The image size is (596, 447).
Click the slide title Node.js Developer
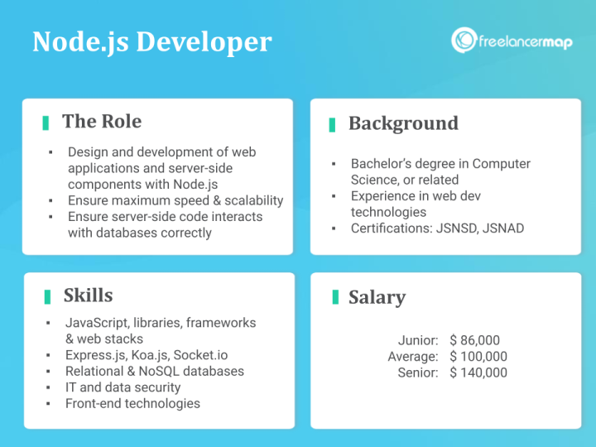click(x=151, y=41)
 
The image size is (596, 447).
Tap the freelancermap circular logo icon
click(x=464, y=41)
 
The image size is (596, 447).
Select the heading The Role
click(x=102, y=122)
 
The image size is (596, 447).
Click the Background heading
click(x=403, y=123)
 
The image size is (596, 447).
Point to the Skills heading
click(x=88, y=296)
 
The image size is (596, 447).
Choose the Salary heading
click(x=377, y=297)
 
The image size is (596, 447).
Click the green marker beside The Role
click(x=46, y=123)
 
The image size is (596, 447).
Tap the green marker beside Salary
click(x=334, y=297)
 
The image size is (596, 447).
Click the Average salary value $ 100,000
click(x=478, y=357)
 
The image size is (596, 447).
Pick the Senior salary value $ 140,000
click(x=478, y=372)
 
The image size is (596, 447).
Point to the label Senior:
click(x=418, y=372)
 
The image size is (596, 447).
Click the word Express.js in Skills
click(x=92, y=355)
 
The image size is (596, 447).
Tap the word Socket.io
click(x=200, y=355)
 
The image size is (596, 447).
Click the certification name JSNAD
click(x=502, y=228)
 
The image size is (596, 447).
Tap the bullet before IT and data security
click(x=49, y=387)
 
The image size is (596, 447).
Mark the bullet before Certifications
click(x=333, y=228)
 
